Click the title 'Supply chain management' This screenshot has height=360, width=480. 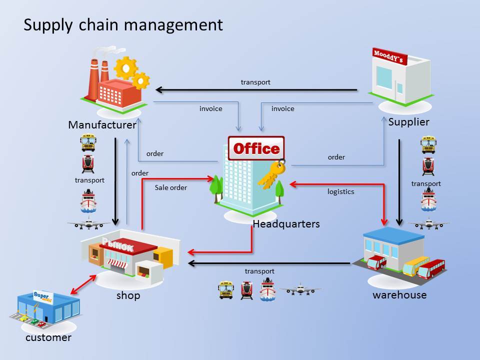click(123, 25)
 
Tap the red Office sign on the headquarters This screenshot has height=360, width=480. click(256, 148)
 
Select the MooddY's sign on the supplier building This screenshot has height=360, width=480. click(389, 56)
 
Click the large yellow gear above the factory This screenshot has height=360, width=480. click(126, 67)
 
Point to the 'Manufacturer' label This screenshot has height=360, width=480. click(102, 125)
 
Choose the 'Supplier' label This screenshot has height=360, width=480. click(408, 122)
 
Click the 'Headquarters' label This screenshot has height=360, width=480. click(286, 224)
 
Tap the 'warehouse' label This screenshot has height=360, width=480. click(399, 295)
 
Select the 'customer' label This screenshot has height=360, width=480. click(48, 337)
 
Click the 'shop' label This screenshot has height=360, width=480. click(128, 295)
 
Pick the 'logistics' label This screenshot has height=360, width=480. click(340, 191)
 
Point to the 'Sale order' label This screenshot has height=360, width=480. click(171, 187)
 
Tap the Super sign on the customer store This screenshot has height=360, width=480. click(43, 296)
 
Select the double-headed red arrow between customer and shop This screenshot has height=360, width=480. click(83, 284)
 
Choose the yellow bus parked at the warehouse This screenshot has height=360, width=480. click(415, 265)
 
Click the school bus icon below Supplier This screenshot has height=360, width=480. click(428, 144)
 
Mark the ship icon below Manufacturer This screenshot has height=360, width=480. click(88, 201)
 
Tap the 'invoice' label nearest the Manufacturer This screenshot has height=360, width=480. click(211, 108)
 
